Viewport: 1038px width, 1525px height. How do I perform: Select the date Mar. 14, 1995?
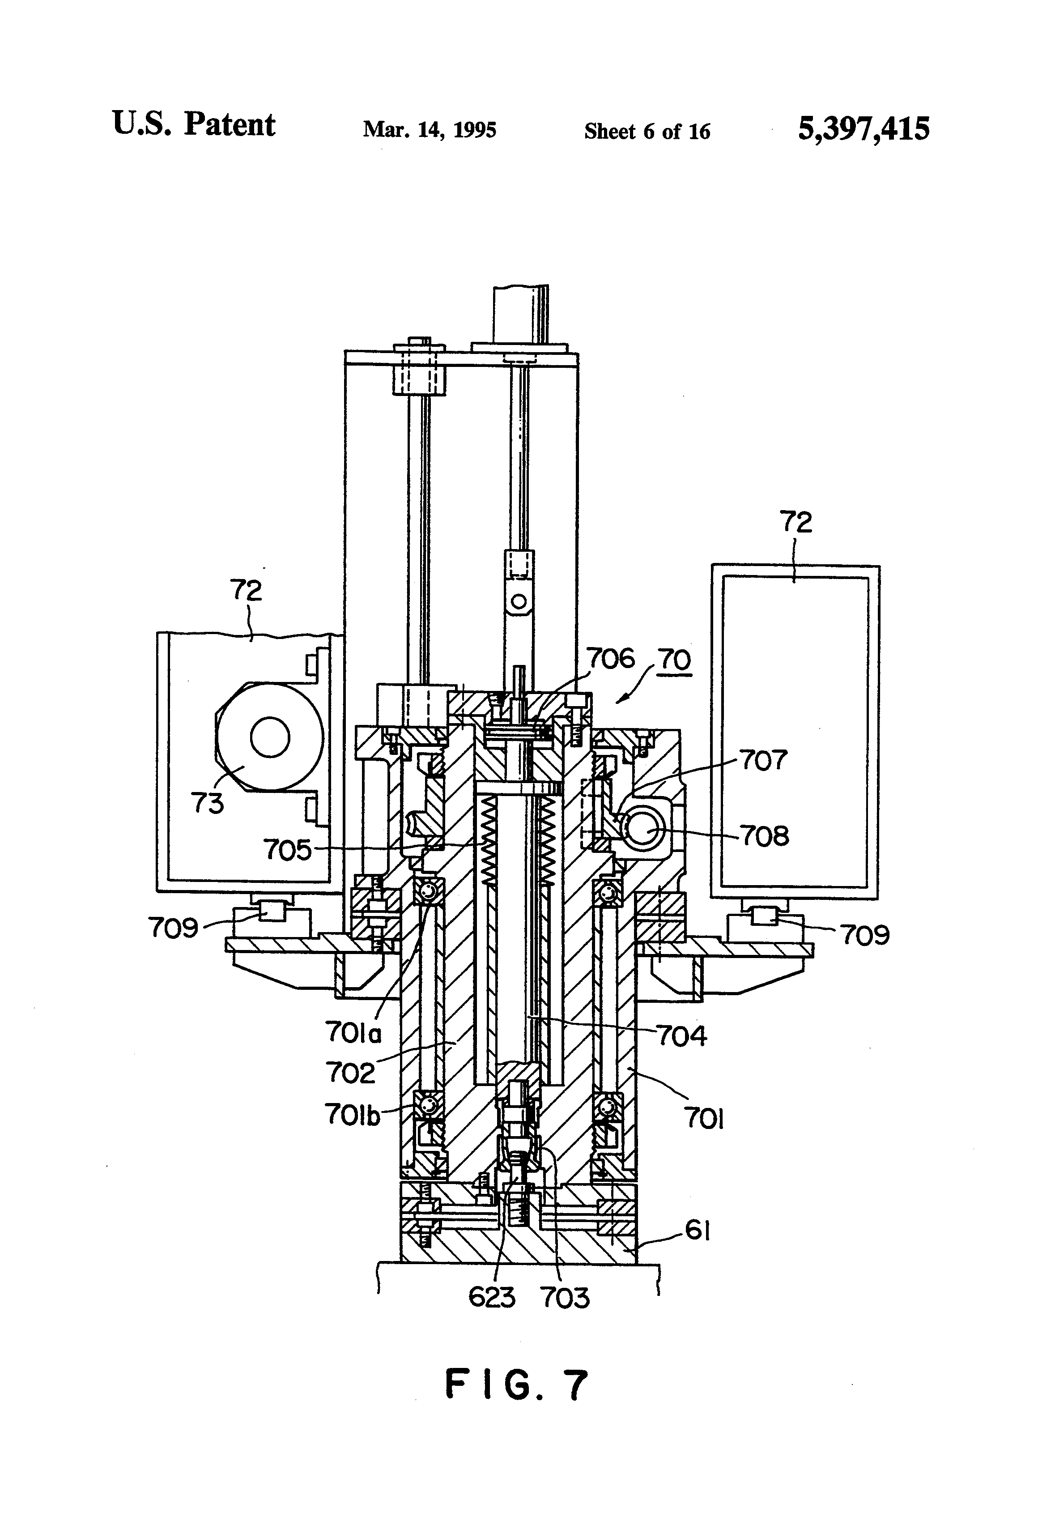coord(430,130)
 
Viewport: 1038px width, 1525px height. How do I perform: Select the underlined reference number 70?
coord(675,659)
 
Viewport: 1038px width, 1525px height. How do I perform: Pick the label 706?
coord(610,658)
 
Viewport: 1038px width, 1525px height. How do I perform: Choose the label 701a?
coord(353,1034)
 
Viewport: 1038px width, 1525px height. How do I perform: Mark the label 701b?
coord(353,1114)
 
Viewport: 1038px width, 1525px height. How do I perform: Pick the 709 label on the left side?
coord(173,928)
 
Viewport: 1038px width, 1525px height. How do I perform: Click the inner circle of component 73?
coord(270,737)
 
